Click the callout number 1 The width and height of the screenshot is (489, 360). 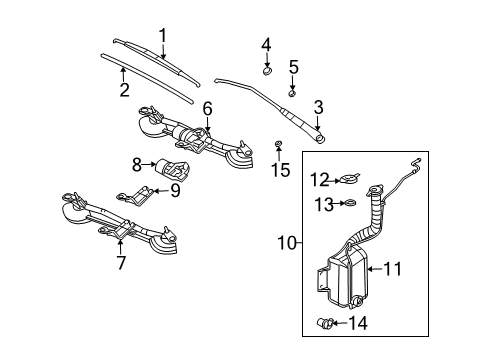click(x=161, y=35)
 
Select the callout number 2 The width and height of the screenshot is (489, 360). click(x=125, y=89)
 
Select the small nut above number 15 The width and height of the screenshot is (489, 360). click(x=276, y=147)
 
